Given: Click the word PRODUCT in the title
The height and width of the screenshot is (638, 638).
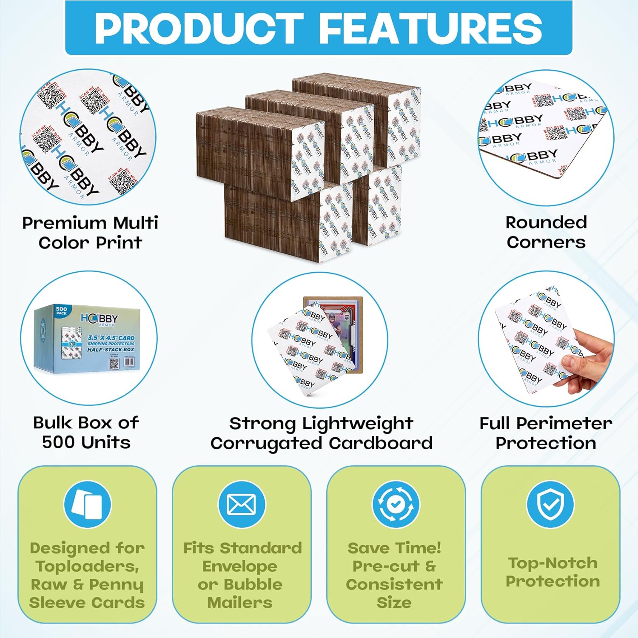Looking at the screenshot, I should point(199,28).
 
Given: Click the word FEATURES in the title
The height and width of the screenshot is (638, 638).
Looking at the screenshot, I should point(430,28).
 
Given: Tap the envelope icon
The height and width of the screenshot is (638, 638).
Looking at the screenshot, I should point(242,505).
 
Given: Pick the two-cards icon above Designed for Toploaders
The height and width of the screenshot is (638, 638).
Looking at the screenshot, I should point(87,505).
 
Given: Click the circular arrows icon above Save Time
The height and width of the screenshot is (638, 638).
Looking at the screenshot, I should point(396,505).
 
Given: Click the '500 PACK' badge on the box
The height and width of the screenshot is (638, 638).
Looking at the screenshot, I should point(62,311).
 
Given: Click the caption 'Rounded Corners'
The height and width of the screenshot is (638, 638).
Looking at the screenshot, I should point(546,232).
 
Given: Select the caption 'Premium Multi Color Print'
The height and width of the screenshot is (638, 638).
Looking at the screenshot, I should point(90,233).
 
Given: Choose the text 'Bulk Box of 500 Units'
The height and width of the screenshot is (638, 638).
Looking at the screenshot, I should point(86,432).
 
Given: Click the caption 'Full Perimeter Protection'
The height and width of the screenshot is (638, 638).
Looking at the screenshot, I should point(546,433).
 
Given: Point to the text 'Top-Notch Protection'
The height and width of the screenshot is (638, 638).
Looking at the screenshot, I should point(553,572).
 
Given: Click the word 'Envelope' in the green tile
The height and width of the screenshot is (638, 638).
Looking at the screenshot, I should point(240,566).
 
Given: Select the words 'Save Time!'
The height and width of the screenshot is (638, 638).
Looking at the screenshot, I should point(394,548).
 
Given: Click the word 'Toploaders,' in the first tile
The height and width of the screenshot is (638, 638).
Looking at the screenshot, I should point(87,566).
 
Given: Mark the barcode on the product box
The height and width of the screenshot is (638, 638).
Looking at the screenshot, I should point(128,362).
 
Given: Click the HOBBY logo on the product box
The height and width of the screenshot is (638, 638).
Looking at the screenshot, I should point(100,319).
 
